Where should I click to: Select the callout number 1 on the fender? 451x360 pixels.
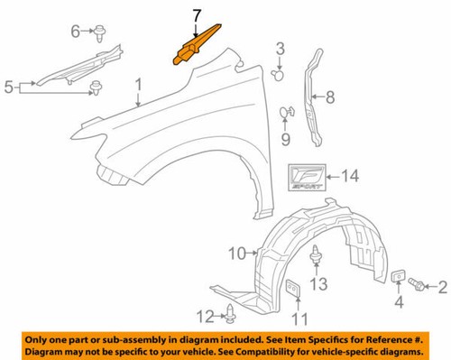pos(139,86)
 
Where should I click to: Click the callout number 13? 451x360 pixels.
pos(316,284)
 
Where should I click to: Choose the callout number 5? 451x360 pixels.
pos(8,88)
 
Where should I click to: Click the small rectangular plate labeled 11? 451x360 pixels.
pos(293,291)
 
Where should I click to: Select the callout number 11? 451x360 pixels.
pos(299,317)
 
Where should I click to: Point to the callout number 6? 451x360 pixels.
pos(76,32)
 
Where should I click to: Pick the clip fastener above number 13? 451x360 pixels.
pos(317,256)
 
